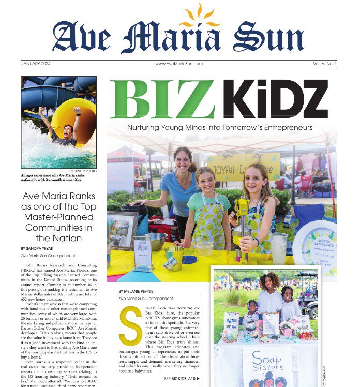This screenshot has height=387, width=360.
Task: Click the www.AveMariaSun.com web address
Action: pos(179,64)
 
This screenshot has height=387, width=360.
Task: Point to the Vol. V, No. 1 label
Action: pos(324,64)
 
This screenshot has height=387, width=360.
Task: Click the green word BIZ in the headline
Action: pos(162,100)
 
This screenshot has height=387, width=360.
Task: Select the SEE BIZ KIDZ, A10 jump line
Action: pos(182,379)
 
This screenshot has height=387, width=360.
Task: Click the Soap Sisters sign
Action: pos(263,364)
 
